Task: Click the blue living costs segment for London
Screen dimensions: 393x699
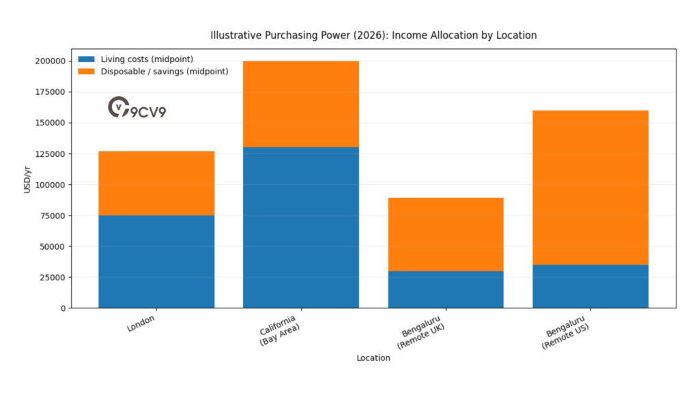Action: tap(156, 261)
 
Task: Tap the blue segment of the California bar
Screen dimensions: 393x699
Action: tap(301, 227)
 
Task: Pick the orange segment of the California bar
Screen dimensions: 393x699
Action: tap(301, 104)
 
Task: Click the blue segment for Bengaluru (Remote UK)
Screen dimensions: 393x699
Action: tap(446, 289)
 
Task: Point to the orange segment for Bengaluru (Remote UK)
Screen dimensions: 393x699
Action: tap(446, 234)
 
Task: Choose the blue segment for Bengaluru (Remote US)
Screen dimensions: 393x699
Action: tap(590, 286)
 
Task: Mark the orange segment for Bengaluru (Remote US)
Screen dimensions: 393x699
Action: tap(590, 187)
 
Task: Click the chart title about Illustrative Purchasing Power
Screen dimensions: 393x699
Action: tap(373, 35)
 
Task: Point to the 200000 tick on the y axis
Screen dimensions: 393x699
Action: tap(51, 61)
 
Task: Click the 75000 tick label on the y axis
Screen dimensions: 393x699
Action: tap(53, 216)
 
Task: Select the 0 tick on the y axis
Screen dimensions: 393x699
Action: tap(63, 308)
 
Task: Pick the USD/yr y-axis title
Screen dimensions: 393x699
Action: tap(28, 184)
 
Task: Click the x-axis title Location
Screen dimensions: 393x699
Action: tap(373, 358)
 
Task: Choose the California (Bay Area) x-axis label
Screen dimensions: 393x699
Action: tap(278, 330)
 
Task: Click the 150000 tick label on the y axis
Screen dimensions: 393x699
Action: tap(51, 123)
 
